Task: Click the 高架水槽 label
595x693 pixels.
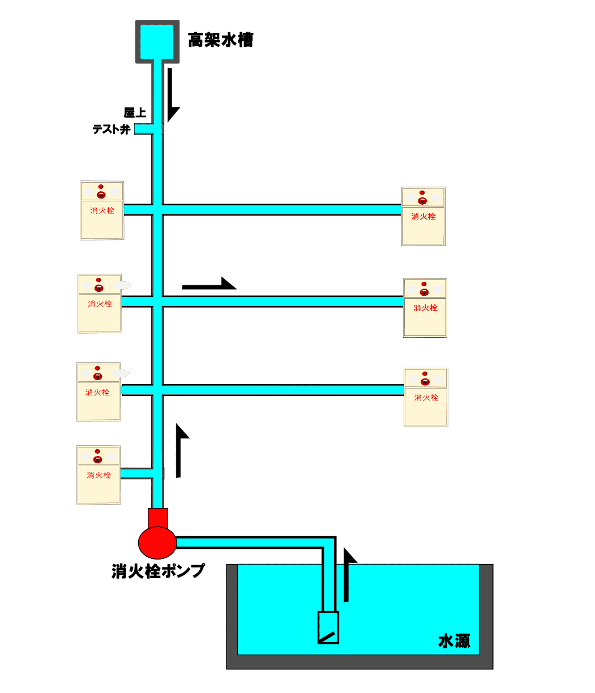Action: pos(220,41)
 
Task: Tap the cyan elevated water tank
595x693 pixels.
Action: pos(157,41)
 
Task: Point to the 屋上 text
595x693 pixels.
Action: pos(135,113)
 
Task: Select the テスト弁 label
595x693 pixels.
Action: pos(112,130)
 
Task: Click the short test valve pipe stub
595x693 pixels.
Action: pos(144,130)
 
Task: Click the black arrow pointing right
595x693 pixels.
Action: pos(209,285)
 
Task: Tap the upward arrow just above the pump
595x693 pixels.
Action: pos(181,450)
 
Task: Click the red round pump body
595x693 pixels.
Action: pos(157,541)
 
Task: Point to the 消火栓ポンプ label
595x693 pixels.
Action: pos(158,571)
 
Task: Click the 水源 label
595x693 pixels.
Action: pos(454,641)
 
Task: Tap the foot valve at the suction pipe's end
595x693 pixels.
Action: pos(328,627)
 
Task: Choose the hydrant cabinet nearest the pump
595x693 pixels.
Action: pos(99,475)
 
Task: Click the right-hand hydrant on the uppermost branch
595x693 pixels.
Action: pos(423,216)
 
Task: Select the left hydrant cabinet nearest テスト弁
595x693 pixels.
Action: pos(102,210)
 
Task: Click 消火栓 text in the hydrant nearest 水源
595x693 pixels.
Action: pos(426,398)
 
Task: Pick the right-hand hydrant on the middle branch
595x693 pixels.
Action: pos(425,308)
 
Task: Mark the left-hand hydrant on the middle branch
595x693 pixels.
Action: pos(100,304)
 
